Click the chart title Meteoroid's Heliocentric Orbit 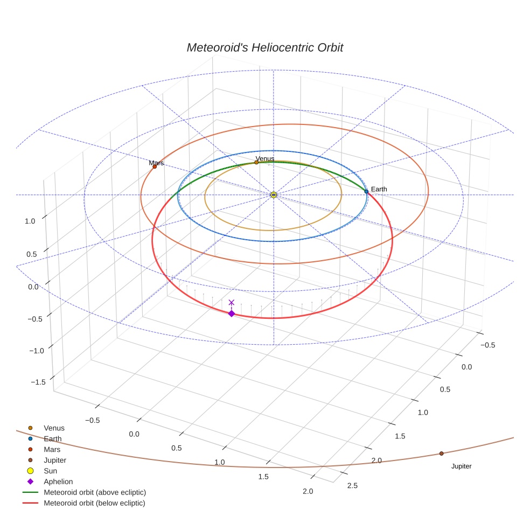click(264, 47)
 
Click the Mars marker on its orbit click(155, 166)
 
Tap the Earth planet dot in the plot click(366, 191)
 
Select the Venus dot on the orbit click(256, 162)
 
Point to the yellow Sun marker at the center click(274, 194)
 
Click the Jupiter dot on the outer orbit click(441, 454)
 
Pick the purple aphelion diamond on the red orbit click(232, 313)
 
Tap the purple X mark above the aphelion click(232, 303)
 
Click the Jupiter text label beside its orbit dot click(461, 466)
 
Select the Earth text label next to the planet click(379, 189)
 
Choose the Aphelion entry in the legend click(58, 482)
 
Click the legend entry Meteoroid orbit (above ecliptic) click(95, 492)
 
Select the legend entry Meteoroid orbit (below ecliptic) click(94, 503)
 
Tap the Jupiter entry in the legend click(55, 461)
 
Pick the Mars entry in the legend click(52, 450)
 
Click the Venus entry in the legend click(54, 428)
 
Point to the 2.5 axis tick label click(352, 486)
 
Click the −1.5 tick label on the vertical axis click(38, 382)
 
